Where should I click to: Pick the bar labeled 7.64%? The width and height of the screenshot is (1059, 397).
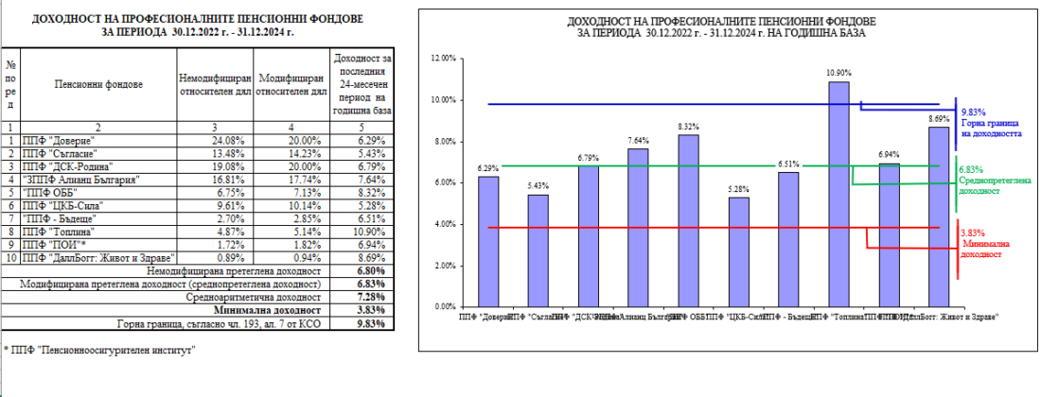pyautogui.click(x=638, y=227)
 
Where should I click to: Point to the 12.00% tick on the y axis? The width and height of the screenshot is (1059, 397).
pyautogui.click(x=443, y=59)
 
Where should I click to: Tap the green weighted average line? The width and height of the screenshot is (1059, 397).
pyautogui.click(x=662, y=166)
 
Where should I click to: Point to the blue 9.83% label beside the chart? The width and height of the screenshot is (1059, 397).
pyautogui.click(x=972, y=112)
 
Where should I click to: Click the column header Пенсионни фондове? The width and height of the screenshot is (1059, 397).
pyautogui.click(x=98, y=84)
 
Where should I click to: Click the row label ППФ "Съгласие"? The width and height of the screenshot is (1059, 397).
pyautogui.click(x=63, y=152)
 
